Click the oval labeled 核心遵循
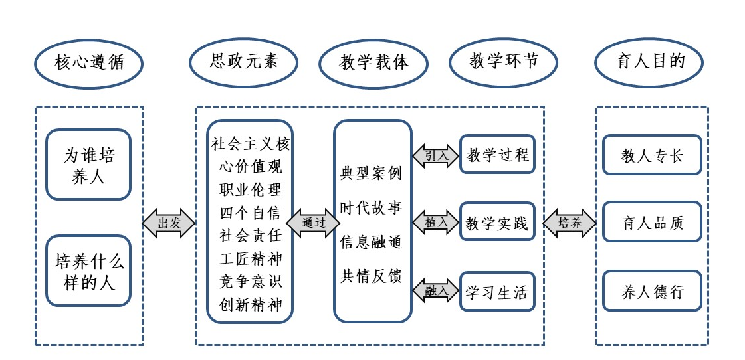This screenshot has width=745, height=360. (x=89, y=64)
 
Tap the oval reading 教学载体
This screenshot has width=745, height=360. (x=373, y=64)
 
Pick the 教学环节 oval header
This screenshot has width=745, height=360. (x=503, y=62)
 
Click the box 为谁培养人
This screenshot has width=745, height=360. (x=88, y=165)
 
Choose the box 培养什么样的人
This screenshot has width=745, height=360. (x=88, y=270)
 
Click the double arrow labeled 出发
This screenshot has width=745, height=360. (x=169, y=223)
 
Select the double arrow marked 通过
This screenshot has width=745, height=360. (x=313, y=223)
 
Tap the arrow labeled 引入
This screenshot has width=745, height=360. (x=436, y=156)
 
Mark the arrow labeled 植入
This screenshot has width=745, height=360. (x=436, y=223)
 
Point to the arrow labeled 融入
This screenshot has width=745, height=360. (x=436, y=290)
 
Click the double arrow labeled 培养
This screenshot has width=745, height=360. (x=570, y=223)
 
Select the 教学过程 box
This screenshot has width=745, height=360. (x=497, y=155)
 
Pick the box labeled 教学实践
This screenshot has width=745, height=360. (x=497, y=223)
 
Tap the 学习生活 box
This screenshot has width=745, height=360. (x=497, y=291)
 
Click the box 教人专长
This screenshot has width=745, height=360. (x=652, y=155)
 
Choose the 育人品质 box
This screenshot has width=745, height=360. (x=652, y=223)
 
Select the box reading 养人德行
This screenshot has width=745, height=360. (x=652, y=291)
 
